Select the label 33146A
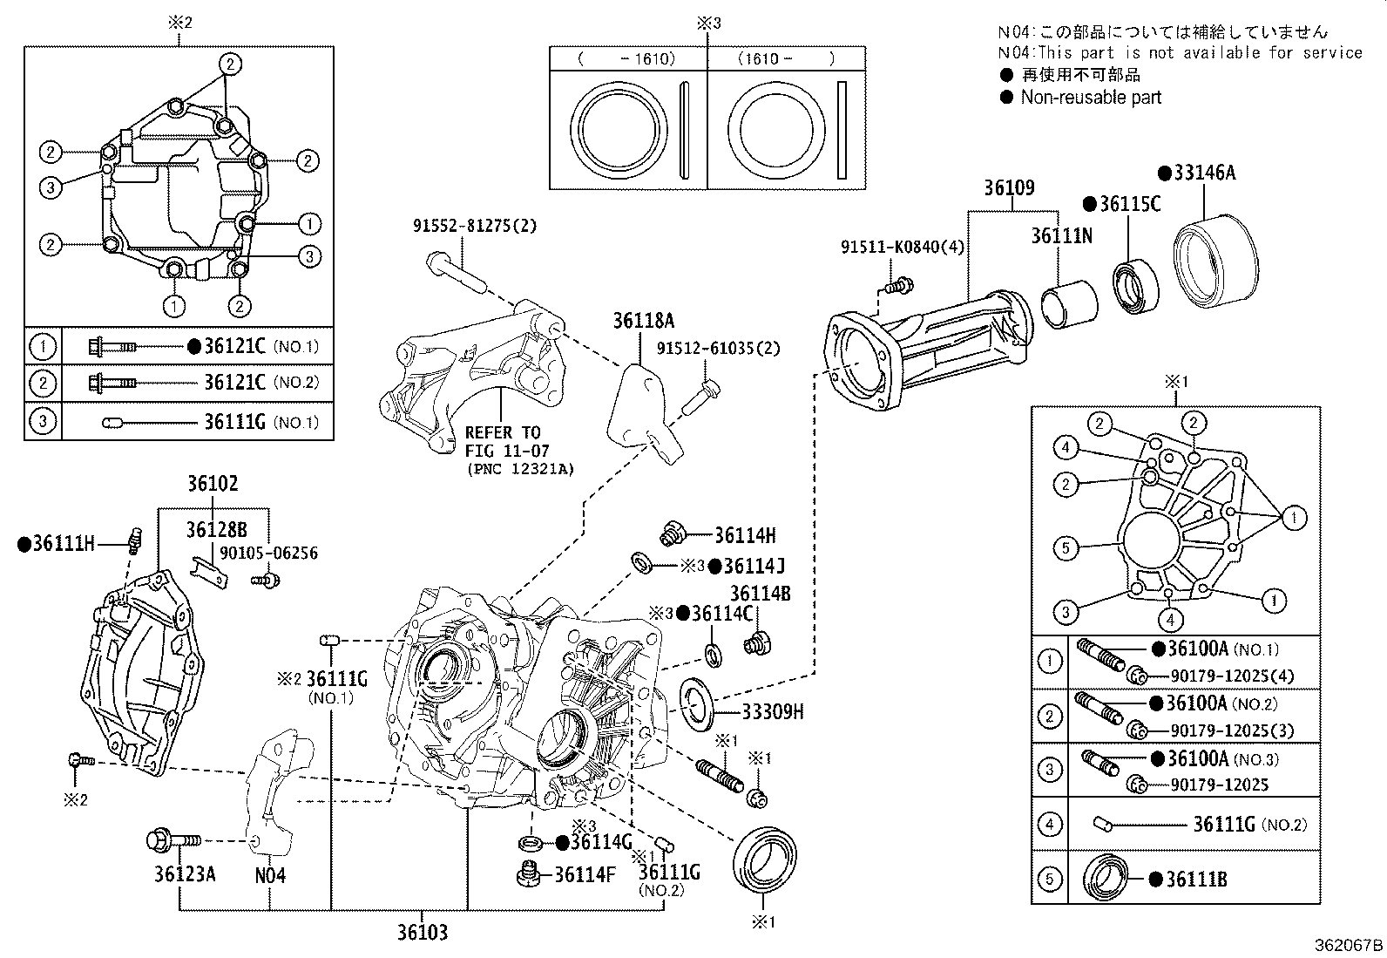pyautogui.click(x=1203, y=173)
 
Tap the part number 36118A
pyautogui.click(x=643, y=321)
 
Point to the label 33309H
pyautogui.click(x=772, y=712)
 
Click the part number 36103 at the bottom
pyautogui.click(x=423, y=933)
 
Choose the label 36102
pyautogui.click(x=213, y=484)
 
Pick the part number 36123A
pyautogui.click(x=185, y=874)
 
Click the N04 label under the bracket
pyautogui.click(x=270, y=874)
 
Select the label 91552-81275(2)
pyautogui.click(x=475, y=226)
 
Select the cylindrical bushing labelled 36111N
pyautogui.click(x=1069, y=307)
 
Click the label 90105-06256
pyautogui.click(x=281, y=554)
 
